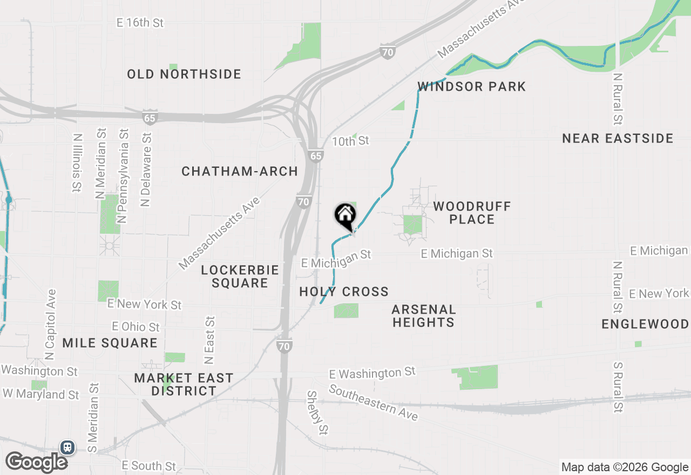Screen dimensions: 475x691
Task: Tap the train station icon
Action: [x=67, y=447]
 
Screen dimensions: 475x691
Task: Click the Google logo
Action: [x=36, y=462]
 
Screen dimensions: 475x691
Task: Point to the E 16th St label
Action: [x=140, y=23]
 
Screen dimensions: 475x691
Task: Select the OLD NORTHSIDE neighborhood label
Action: [x=184, y=74]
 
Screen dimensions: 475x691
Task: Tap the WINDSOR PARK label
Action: [x=471, y=86]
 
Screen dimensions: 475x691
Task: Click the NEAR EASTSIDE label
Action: [x=618, y=139]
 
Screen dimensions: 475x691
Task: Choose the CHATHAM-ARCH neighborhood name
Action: [x=240, y=172]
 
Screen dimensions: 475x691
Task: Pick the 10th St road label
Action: [x=350, y=141]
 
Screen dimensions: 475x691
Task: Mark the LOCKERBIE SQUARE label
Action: [x=240, y=276]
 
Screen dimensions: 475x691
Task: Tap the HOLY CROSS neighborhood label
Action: [x=344, y=292]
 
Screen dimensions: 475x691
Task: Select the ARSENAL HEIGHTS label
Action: [x=424, y=316]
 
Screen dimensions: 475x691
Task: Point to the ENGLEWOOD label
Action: [x=645, y=324]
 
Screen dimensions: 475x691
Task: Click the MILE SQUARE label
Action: [x=110, y=343]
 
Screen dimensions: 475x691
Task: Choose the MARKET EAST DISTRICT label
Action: [x=184, y=384]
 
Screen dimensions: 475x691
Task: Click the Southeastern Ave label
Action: [x=373, y=403]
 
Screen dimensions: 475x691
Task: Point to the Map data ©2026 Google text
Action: [x=624, y=467]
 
